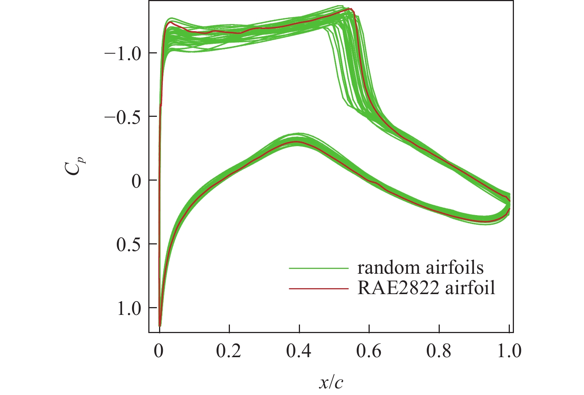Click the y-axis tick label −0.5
click(123, 118)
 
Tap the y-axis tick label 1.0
click(129, 309)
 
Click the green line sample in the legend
click(319, 268)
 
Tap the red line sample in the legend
click(319, 288)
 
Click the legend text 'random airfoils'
click(420, 267)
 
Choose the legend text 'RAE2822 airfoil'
click(426, 288)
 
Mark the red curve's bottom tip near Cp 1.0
click(160, 325)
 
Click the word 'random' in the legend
click(386, 267)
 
